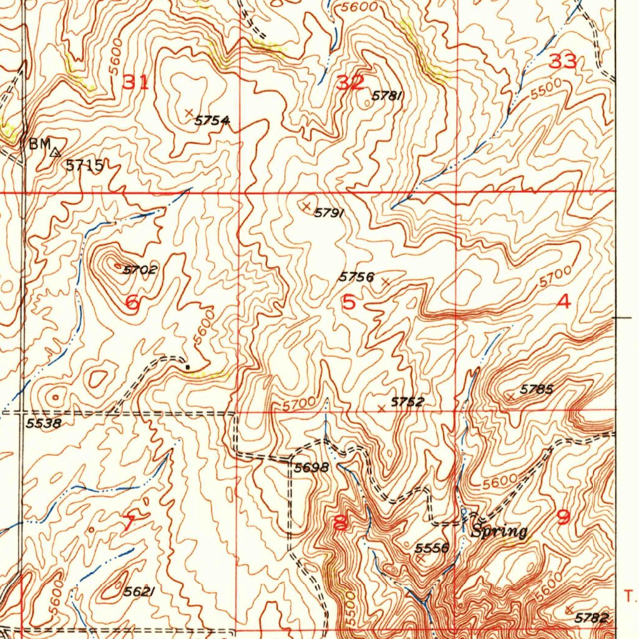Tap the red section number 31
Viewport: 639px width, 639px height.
pos(136,82)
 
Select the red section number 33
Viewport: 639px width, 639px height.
pos(562,61)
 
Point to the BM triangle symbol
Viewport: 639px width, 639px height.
pos(56,152)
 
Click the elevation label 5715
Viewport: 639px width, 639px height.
pos(84,165)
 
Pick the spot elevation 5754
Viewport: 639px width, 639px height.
pos(212,120)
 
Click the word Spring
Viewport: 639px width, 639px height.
pos(499,532)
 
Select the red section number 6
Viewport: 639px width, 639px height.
pos(132,304)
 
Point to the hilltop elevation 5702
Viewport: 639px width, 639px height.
pos(140,270)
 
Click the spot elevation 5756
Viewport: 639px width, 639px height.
pos(356,276)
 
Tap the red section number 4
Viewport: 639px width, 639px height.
pos(563,303)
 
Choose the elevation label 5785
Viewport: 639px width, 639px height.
pos(537,389)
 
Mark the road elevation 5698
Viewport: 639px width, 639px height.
pos(311,467)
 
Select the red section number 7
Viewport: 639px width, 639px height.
pos(128,523)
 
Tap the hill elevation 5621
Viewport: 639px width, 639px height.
pos(139,592)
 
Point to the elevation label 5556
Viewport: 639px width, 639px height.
pos(432,548)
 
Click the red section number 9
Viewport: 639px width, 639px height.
pos(563,517)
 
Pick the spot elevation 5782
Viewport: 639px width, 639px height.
pos(592,618)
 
